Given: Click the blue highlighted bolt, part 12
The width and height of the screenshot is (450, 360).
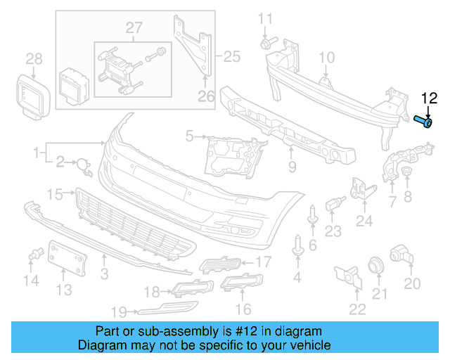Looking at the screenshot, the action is click(423, 122).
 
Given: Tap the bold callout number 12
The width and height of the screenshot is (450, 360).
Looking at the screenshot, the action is click(429, 98).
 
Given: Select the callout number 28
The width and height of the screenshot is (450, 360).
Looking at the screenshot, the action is click(34, 59).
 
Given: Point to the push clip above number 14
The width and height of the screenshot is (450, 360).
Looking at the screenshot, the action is click(36, 254).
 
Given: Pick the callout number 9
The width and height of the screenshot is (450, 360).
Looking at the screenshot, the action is click(292, 167).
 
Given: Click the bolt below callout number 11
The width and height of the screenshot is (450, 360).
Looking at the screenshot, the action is click(269, 42).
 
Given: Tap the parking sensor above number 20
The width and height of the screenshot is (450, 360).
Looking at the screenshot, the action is click(401, 254).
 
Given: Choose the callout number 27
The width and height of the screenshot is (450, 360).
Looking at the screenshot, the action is click(134, 28).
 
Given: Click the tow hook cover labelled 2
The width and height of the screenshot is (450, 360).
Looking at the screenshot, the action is click(84, 167).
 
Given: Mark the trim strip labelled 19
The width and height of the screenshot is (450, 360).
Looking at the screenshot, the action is click(167, 308).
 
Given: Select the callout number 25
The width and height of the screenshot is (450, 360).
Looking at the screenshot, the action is click(232, 56).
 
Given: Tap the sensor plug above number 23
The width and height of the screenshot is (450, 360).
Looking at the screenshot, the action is click(335, 203).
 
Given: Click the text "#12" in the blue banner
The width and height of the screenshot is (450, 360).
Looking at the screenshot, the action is click(246, 331).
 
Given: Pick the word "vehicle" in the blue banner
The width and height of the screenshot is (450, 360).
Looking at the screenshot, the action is click(311, 345).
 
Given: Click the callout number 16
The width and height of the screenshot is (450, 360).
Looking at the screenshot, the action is click(243, 309).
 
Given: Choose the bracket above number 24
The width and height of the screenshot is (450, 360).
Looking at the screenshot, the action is click(363, 188).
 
